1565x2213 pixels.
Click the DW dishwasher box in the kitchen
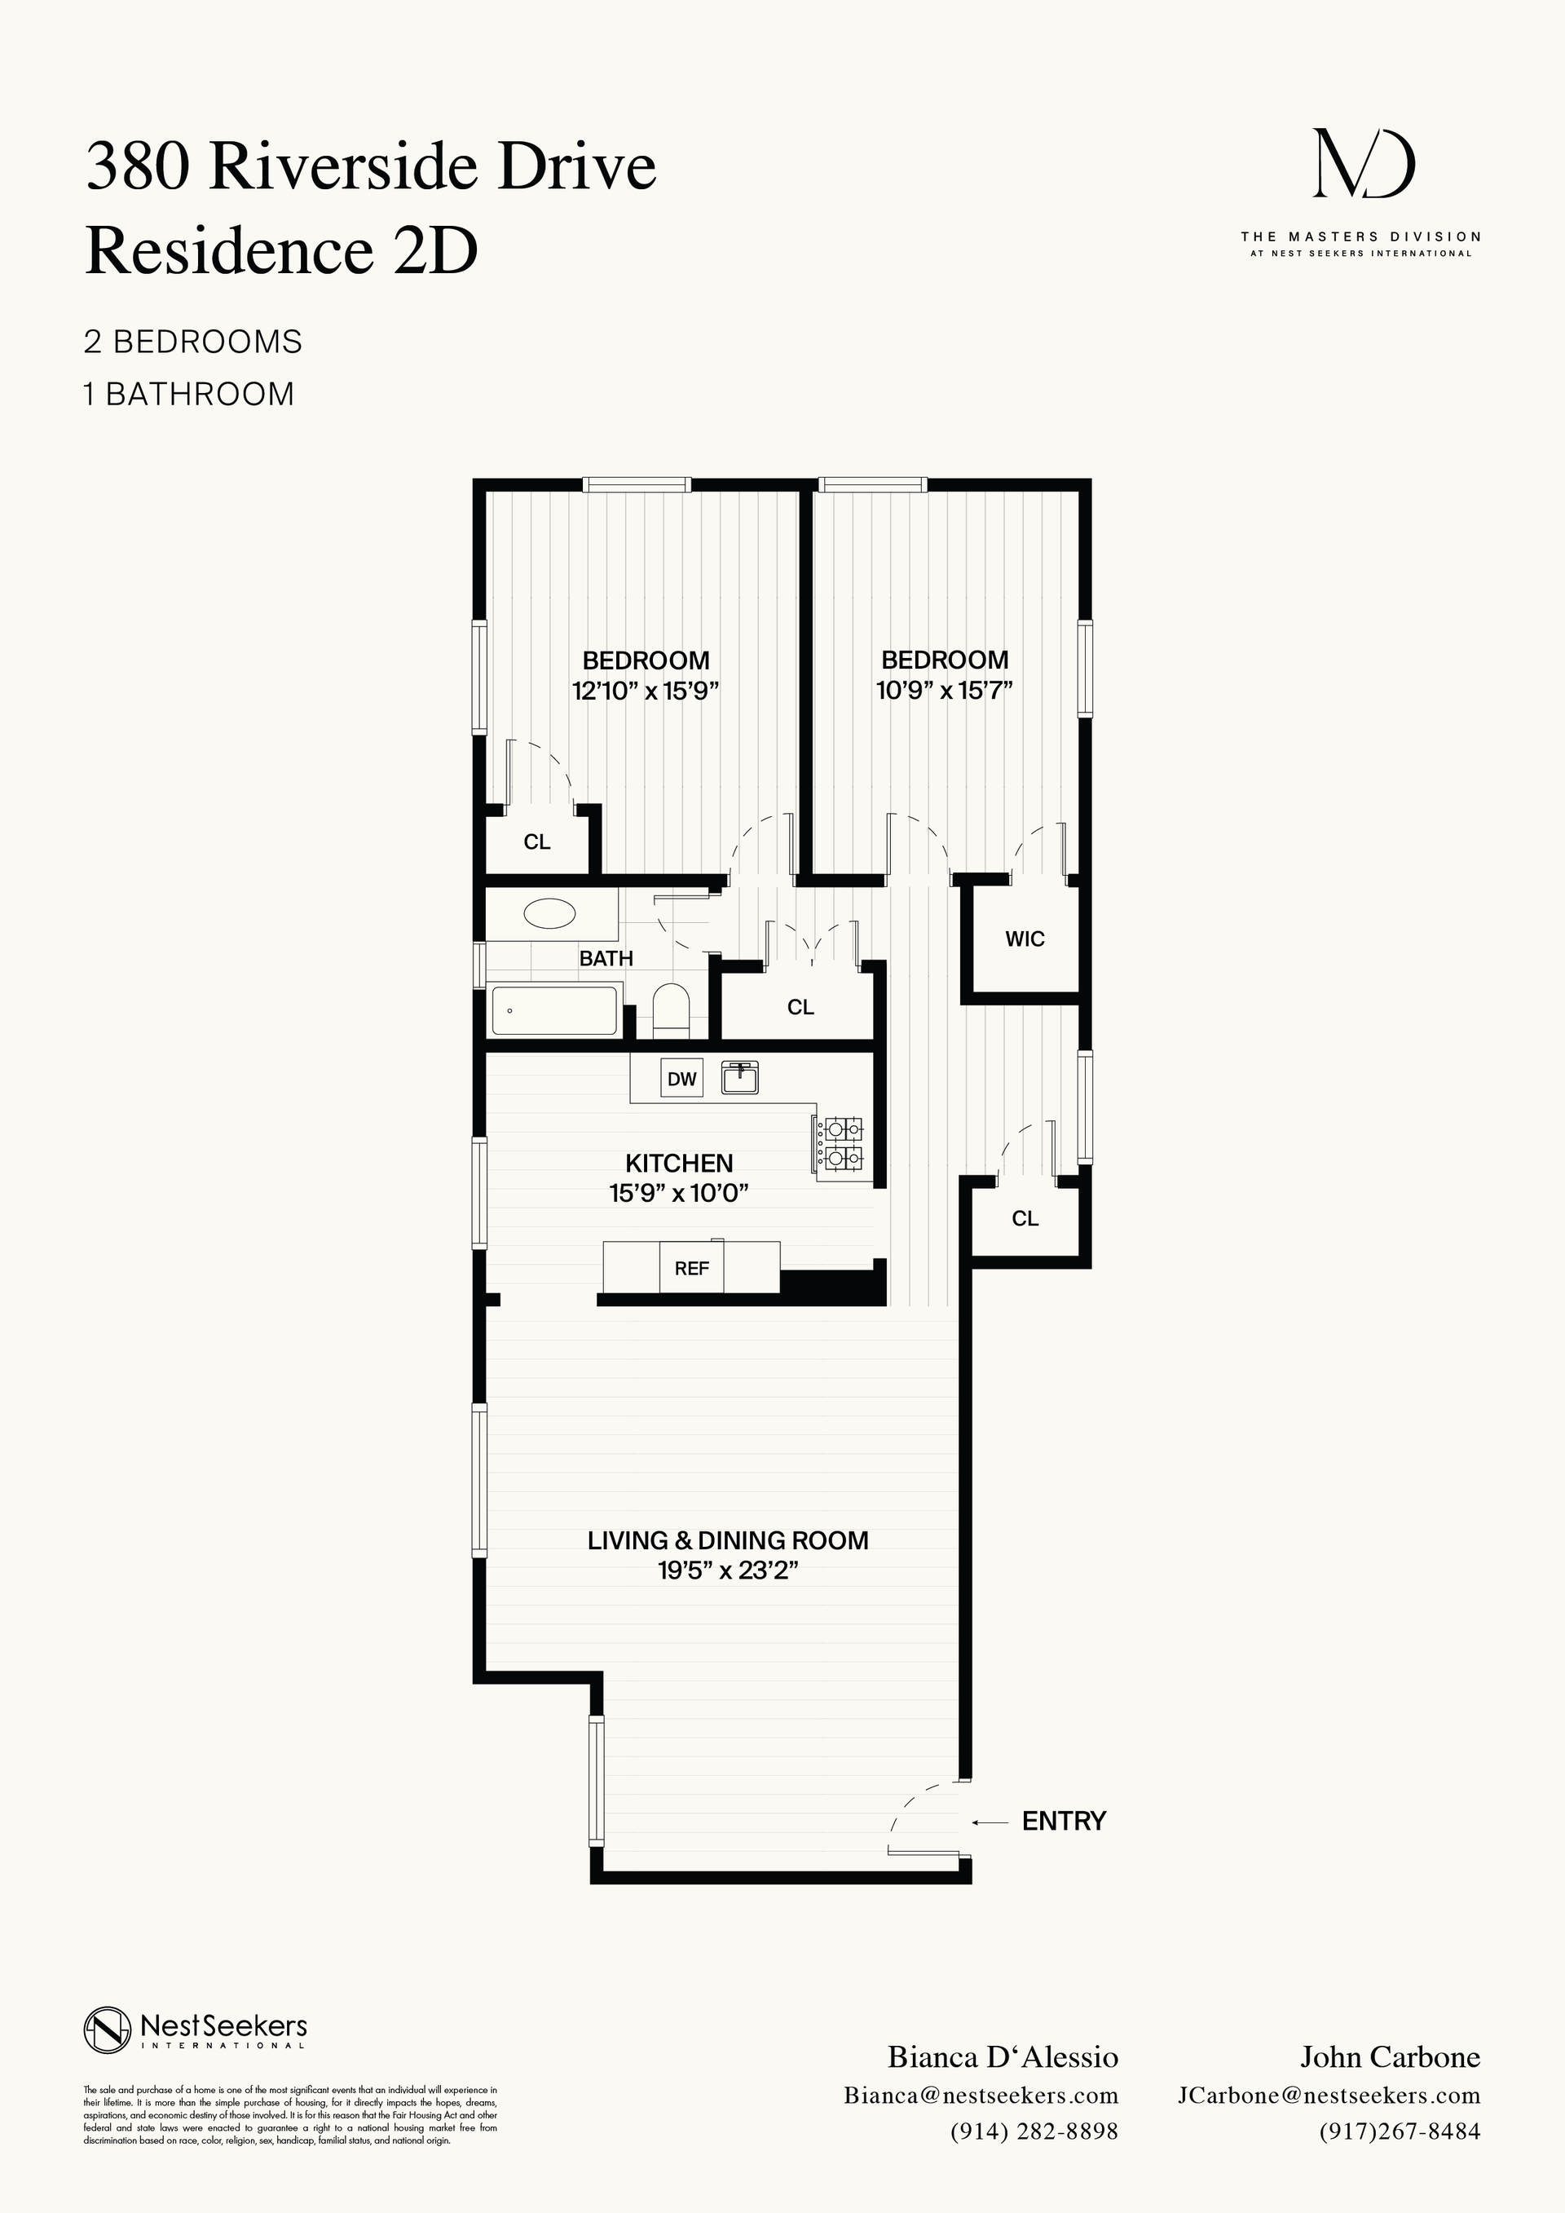tap(681, 1079)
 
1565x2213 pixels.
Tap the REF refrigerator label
tap(691, 1269)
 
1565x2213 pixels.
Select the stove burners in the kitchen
tap(840, 1142)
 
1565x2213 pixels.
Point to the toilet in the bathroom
tap(671, 1011)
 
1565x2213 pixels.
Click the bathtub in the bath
tap(553, 1010)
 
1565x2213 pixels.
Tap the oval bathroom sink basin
tap(549, 912)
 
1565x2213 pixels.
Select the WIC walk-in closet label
tap(1025, 939)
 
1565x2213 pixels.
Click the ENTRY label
tap(1064, 1821)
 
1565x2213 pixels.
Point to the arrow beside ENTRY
tap(990, 1822)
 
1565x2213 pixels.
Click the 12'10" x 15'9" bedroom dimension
tap(646, 691)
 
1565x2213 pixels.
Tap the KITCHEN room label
tap(678, 1163)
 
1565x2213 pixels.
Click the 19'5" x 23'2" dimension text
tap(728, 1570)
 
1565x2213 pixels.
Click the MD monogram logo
tap(1364, 165)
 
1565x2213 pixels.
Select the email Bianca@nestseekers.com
tap(980, 2096)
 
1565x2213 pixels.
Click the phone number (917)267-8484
tap(1400, 2131)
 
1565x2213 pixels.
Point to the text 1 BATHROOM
tap(189, 394)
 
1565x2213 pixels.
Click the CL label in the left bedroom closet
tap(537, 841)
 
